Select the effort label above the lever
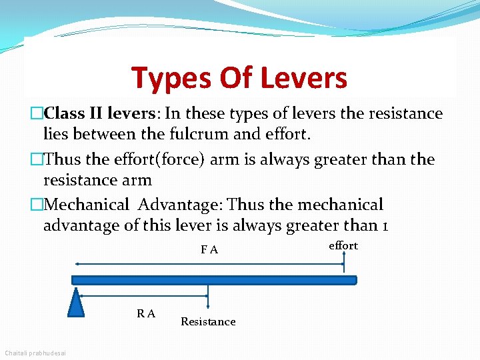[x=343, y=245]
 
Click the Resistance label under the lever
[x=208, y=322]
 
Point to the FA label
[x=209, y=250]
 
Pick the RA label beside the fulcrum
[x=146, y=313]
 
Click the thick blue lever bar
[x=213, y=280]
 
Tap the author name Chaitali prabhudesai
[x=39, y=352]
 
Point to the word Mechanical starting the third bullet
[x=87, y=205]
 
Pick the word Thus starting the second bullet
[x=63, y=159]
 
